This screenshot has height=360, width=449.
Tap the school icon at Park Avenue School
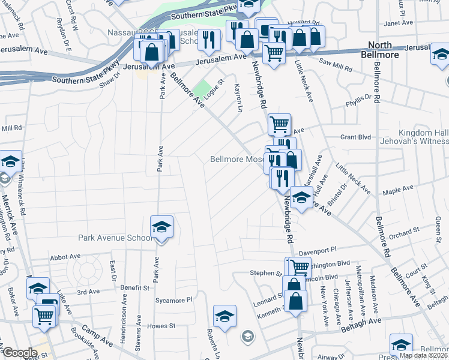point(161,227)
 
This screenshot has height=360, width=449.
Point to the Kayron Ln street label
point(240,98)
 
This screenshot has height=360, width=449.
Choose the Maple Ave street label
point(399,189)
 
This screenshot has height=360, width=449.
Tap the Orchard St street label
point(404,232)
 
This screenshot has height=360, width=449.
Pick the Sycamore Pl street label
point(173,299)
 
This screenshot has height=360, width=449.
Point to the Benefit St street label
point(137,288)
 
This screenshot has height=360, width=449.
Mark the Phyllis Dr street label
point(359,102)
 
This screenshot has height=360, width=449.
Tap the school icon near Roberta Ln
point(224,316)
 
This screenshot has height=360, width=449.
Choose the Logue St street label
point(213,88)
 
